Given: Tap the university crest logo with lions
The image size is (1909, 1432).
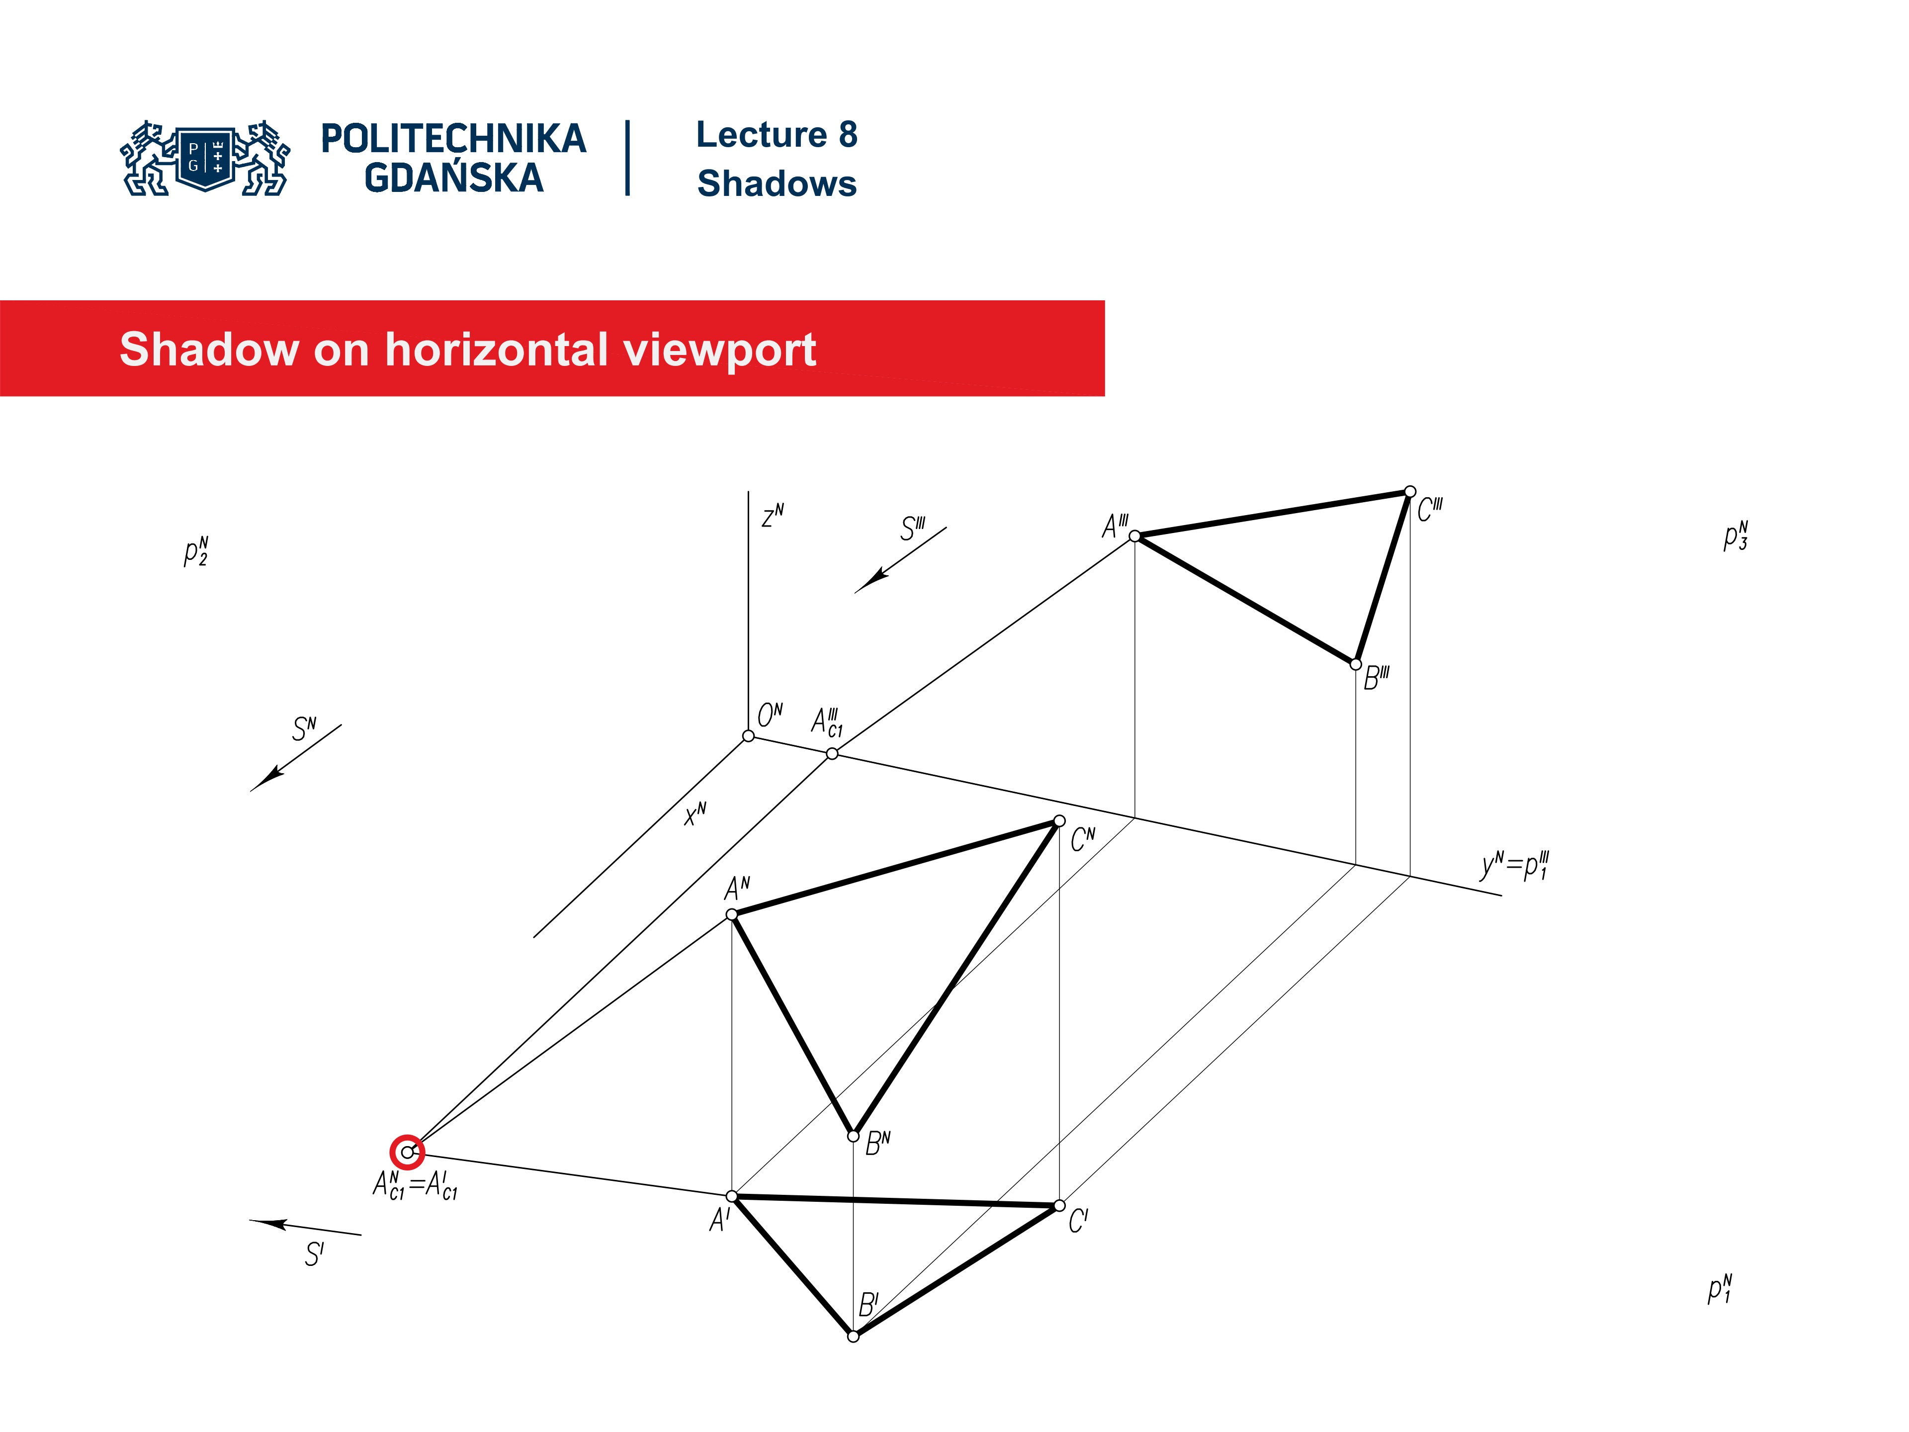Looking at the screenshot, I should tap(205, 158).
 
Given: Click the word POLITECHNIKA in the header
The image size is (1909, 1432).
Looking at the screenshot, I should tap(453, 139).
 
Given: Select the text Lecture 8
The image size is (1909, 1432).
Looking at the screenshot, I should tap(777, 135).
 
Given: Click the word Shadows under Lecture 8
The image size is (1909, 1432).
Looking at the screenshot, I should tap(777, 184).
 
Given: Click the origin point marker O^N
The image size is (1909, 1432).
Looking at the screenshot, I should tap(748, 735).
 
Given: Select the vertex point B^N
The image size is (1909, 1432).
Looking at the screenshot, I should tap(854, 1136).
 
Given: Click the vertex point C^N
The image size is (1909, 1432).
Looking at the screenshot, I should tap(1059, 821).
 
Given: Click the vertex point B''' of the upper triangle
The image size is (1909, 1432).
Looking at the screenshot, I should tap(1356, 665).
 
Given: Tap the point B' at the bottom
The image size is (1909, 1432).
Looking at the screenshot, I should tap(854, 1336).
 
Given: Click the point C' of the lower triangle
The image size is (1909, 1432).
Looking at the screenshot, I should tap(1060, 1206).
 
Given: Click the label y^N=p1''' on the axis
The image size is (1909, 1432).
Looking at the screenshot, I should tap(1515, 865).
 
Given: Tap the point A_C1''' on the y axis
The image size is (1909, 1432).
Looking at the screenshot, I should tap(832, 754).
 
